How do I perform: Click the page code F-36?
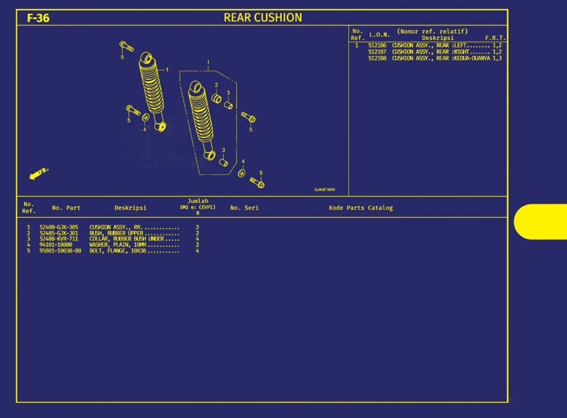click(x=38, y=18)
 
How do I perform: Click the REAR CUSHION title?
click(x=263, y=17)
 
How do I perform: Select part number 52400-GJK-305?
click(x=59, y=227)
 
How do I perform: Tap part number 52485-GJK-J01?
click(x=59, y=233)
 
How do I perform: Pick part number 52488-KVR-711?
click(x=59, y=239)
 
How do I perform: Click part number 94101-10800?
click(x=56, y=245)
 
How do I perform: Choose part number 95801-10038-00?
click(x=60, y=251)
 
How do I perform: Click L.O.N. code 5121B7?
click(x=377, y=52)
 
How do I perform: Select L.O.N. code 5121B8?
click(x=377, y=58)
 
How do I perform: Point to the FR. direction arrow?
click(x=38, y=173)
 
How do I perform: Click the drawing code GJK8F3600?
click(x=324, y=190)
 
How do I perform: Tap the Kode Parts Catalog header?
click(x=361, y=208)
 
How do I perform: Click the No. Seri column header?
click(x=244, y=208)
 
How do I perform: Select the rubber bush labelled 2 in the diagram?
click(x=216, y=99)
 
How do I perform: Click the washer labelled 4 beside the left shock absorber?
click(x=146, y=118)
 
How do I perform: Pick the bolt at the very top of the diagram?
click(x=127, y=47)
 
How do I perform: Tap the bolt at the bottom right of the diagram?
click(x=257, y=182)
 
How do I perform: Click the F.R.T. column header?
click(x=495, y=38)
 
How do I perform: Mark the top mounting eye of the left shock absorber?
click(x=148, y=59)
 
